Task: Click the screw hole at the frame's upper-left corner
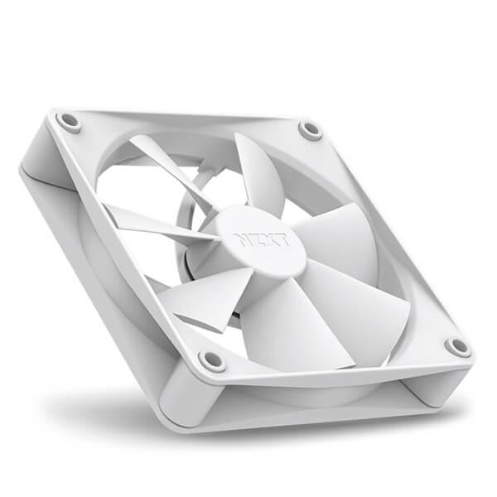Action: (70, 122)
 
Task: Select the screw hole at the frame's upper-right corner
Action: (311, 130)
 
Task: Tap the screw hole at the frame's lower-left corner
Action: (211, 360)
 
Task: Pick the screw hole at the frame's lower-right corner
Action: (457, 346)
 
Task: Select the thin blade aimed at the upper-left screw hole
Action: (166, 166)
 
